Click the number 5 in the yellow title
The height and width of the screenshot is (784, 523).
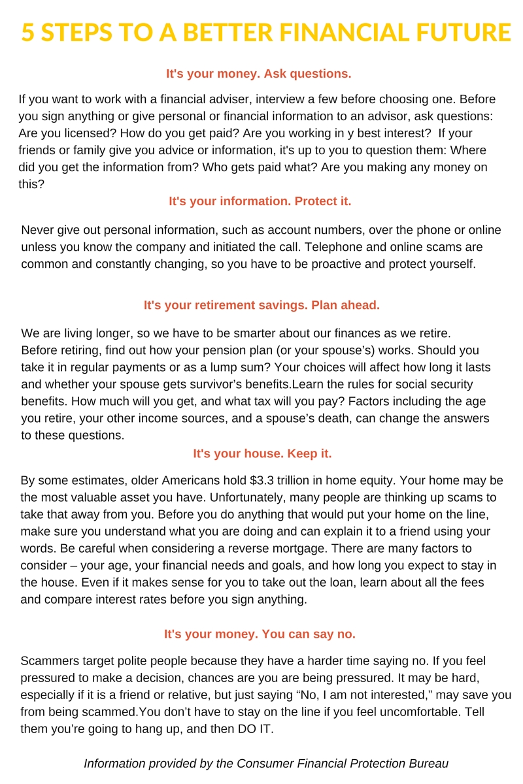(x=28, y=32)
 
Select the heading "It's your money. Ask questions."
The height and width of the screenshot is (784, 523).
(x=259, y=74)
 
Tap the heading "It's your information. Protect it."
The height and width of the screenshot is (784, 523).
(x=260, y=201)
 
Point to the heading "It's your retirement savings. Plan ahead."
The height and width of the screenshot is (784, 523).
(x=261, y=305)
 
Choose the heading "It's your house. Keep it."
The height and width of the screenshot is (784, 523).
(x=262, y=453)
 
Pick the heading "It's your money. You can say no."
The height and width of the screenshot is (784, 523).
(x=260, y=634)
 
